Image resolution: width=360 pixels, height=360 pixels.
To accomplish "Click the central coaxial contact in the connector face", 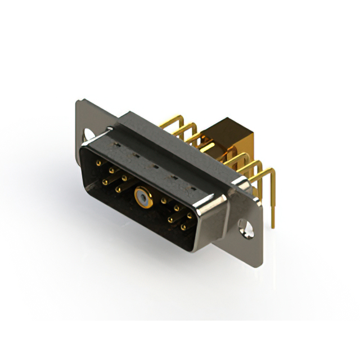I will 141,197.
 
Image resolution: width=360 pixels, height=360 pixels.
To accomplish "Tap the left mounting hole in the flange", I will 89,134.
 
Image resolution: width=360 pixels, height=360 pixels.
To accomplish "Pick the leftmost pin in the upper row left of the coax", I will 99,163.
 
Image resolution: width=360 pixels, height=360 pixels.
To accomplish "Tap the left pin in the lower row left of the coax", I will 105,181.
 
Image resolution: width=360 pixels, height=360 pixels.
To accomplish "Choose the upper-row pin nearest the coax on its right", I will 164,200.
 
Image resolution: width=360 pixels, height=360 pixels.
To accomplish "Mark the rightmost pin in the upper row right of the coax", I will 190,215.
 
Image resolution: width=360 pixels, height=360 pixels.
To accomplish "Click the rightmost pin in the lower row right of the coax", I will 183,228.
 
